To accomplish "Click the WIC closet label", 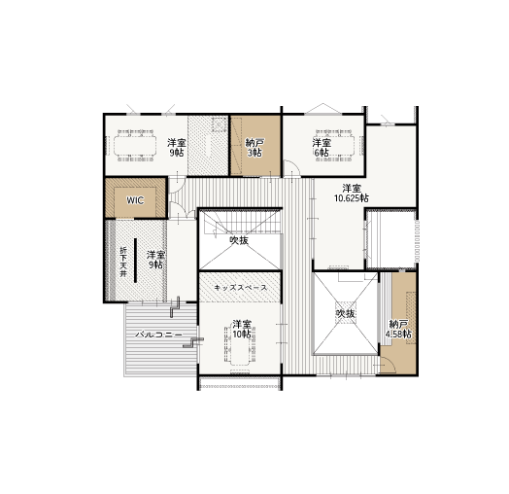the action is [135, 200].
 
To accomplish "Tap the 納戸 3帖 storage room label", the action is [254, 148].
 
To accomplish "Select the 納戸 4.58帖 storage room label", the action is [398, 329].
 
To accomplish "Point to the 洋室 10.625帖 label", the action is [352, 194].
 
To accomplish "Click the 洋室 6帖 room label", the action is [322, 148].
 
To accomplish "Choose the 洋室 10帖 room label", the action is [242, 329].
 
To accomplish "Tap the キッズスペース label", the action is [241, 288].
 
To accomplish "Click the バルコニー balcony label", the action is [159, 335].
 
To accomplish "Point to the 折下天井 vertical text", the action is [123, 262].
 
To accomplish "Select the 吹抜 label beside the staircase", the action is [239, 240].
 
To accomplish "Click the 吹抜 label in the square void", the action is [346, 313].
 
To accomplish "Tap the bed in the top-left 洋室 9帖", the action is [135, 145].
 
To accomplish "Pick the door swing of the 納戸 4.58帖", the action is [388, 365].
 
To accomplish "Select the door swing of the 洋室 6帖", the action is [291, 168].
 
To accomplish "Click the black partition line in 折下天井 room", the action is [135, 261].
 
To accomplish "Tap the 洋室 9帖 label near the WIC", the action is [155, 260].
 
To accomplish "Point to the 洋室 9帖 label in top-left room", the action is [177, 148].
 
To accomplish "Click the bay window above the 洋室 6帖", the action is [323, 109].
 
